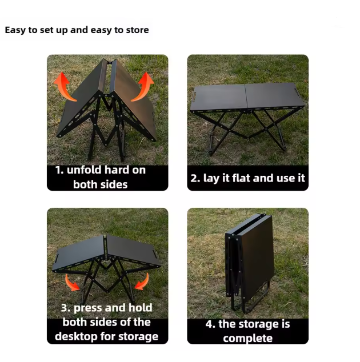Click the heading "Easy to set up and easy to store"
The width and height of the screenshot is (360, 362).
(77, 30)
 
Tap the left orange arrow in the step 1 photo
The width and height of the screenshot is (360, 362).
(65, 85)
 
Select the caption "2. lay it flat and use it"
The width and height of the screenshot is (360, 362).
(247, 178)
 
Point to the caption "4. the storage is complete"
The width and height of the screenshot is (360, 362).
(247, 331)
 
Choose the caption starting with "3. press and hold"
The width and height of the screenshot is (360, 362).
(107, 322)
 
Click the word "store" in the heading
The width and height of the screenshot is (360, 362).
(135, 30)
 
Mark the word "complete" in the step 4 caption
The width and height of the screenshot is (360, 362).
(247, 338)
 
